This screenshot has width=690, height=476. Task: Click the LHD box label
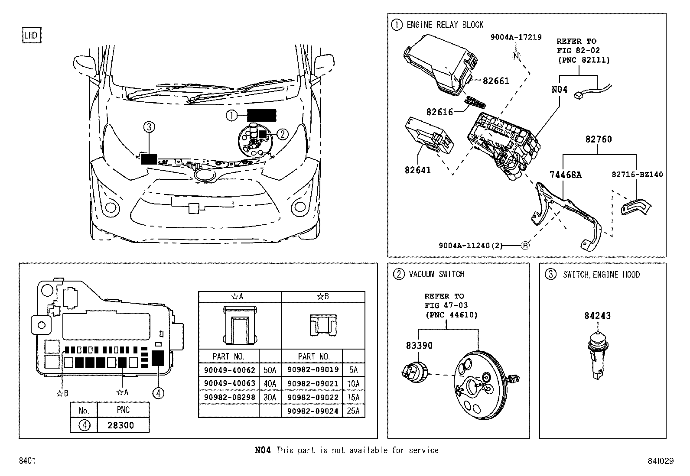(31, 36)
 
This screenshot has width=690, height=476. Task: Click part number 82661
(496, 81)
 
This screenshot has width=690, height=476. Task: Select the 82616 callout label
(439, 112)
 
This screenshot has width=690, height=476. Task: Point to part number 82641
(418, 170)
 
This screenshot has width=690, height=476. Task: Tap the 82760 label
(599, 139)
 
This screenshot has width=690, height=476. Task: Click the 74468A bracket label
(566, 175)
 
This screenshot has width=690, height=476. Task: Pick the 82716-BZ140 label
(637, 175)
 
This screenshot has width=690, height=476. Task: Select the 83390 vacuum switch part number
(419, 346)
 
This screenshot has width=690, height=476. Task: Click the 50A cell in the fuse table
(270, 370)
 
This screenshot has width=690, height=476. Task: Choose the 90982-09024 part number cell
(312, 411)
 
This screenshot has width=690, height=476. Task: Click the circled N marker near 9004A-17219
(516, 55)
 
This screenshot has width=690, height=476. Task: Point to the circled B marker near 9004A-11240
(525, 246)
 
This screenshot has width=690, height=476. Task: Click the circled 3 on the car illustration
(149, 127)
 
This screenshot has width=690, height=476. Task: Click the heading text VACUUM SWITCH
(436, 274)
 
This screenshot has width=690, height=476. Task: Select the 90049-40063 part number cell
(229, 383)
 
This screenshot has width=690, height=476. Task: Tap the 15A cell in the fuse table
(353, 397)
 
